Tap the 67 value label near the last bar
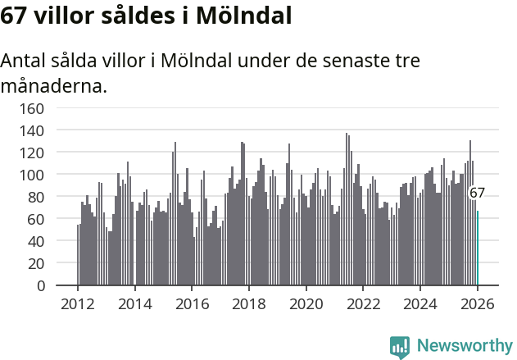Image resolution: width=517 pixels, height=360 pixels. point(477,194)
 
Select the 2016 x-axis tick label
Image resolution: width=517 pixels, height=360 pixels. point(192,303)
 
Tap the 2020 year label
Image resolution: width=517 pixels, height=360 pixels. point(306,303)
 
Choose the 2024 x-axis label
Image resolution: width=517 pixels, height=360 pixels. point(420,303)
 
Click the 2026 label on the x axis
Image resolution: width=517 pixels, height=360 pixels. point(478,303)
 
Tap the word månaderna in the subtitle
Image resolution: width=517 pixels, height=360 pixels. point(54,84)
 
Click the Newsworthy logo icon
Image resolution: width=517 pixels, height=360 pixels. point(400,347)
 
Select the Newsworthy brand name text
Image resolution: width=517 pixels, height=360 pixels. point(464,346)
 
